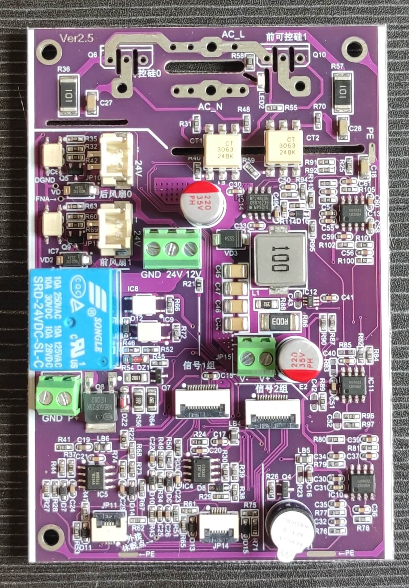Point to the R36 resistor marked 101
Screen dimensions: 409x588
click(69, 95)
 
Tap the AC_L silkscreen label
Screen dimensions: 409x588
click(233, 35)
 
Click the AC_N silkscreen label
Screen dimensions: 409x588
click(211, 106)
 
